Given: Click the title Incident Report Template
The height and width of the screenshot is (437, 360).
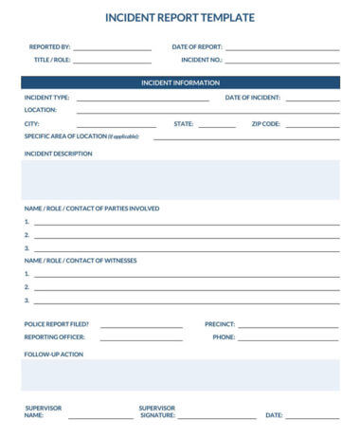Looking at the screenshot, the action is (x=179, y=17).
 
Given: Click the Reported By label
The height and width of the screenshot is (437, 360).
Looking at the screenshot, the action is (x=49, y=46).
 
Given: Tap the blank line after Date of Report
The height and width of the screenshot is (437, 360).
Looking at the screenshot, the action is (x=281, y=47).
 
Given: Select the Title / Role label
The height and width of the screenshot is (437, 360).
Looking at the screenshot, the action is (x=52, y=60).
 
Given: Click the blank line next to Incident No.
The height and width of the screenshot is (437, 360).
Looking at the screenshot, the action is (x=281, y=61).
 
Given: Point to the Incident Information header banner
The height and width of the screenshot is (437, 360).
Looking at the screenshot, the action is (x=180, y=82).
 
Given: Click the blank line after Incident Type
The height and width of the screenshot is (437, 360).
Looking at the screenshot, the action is (x=142, y=99).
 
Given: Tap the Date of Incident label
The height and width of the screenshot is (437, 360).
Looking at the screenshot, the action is (x=252, y=98).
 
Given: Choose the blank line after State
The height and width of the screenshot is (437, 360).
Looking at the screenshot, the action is (x=217, y=125).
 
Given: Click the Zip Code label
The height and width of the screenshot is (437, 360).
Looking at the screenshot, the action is (x=265, y=124).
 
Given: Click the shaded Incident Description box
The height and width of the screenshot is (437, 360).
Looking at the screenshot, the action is (x=180, y=179).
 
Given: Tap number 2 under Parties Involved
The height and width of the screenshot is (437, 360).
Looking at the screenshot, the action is (x=27, y=234).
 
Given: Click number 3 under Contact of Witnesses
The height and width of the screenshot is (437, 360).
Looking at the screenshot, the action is (x=27, y=300).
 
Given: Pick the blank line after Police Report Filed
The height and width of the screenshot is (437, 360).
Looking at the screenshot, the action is (x=141, y=325).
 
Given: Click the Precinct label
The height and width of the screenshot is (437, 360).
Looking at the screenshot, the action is (x=220, y=324).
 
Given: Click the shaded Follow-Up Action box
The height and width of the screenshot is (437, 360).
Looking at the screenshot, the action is (x=180, y=374).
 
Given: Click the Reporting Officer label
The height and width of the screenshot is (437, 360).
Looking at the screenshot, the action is (x=54, y=337).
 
